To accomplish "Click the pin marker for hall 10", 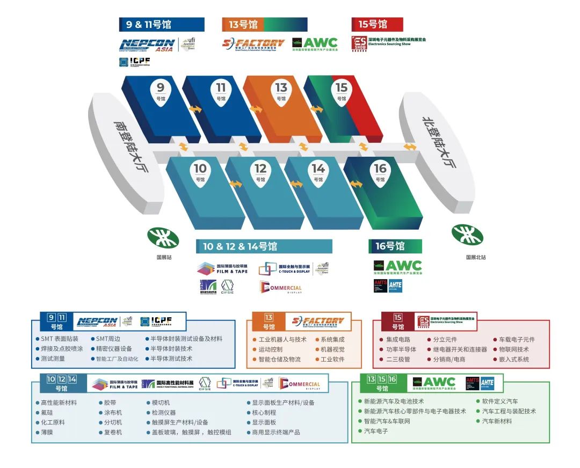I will pos(200,172).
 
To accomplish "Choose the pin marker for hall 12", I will pos(260,172).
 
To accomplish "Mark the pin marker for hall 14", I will pos(318,172).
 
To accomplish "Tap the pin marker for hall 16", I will pos(380,172).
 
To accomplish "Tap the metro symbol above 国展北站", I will pos(467,235).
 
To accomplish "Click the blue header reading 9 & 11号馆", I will pos(162,24).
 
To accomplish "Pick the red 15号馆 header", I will pos(377,24).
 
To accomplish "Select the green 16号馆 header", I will pos(395,246).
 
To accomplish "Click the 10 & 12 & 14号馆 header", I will pos(264,246).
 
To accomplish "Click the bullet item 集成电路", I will pos(398,339).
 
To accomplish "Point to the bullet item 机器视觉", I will pos(334,349).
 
